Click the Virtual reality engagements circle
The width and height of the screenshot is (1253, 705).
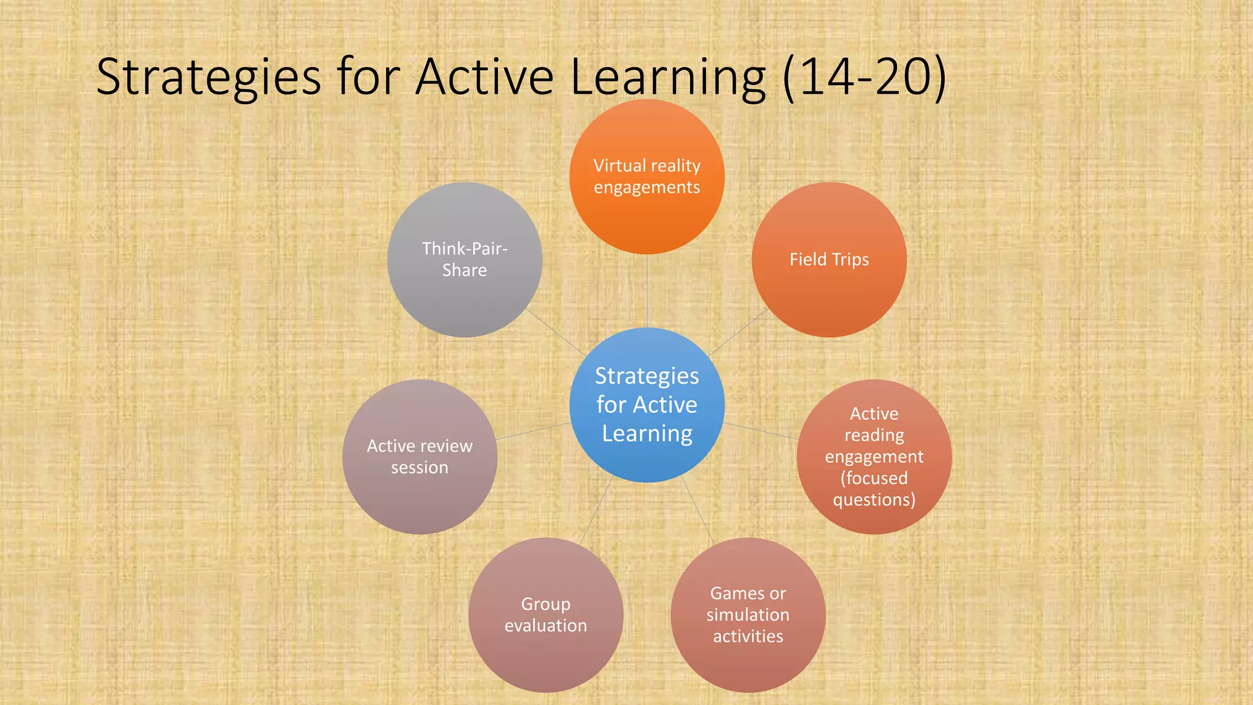(647, 177)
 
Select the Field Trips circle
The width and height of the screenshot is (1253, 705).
(829, 259)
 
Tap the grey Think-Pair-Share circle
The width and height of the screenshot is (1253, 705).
(464, 259)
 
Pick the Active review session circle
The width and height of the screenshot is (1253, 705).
(420, 457)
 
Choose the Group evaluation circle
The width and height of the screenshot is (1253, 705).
(546, 615)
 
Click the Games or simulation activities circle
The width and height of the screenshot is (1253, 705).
(748, 615)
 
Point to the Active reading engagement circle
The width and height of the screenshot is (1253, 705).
(874, 457)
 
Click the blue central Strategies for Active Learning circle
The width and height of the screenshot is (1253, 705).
(647, 405)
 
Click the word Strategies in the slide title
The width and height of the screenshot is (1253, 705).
(209, 78)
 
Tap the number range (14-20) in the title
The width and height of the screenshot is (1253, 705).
(864, 78)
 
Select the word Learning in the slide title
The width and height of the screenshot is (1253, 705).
(668, 78)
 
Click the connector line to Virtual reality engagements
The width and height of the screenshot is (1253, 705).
(647, 291)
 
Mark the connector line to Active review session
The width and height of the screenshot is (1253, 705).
(534, 431)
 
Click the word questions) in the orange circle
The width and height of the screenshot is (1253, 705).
(874, 499)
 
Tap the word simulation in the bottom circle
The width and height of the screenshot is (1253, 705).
(748, 614)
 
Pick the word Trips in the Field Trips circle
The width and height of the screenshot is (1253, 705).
(850, 259)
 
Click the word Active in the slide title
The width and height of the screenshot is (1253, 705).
(485, 78)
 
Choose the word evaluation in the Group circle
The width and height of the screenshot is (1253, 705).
(546, 625)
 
